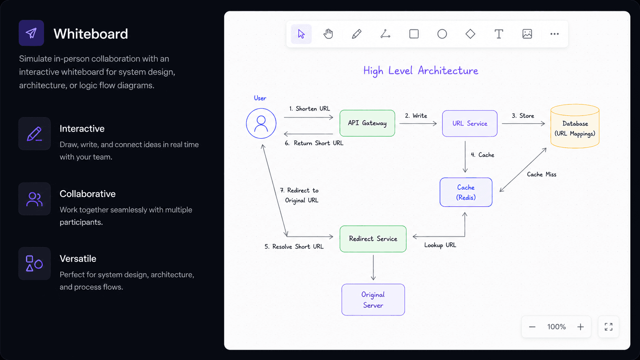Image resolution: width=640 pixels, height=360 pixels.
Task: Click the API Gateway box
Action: point(367,123)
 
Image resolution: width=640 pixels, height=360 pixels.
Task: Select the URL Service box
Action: point(470,123)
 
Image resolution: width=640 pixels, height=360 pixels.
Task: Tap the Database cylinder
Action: point(575,126)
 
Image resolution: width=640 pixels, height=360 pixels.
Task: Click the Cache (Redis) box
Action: point(466,192)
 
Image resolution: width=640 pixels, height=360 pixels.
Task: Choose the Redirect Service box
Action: point(373,239)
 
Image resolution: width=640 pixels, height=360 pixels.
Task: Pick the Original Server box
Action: point(373,300)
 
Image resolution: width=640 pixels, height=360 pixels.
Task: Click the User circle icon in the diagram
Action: point(261,123)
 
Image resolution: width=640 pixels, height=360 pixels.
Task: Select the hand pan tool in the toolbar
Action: point(328,34)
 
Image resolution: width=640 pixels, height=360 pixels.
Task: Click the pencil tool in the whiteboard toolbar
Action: point(357,34)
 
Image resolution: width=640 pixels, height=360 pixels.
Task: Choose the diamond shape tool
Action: point(470,34)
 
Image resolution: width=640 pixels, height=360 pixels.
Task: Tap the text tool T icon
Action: point(499,34)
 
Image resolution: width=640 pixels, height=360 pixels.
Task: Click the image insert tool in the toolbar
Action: point(527,34)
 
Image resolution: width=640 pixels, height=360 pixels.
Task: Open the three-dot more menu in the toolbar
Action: point(555,34)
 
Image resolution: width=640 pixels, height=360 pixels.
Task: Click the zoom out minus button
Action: point(532,327)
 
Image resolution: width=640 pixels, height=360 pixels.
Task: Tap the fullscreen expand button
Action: point(609,327)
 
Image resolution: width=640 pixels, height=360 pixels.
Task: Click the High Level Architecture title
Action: point(421,71)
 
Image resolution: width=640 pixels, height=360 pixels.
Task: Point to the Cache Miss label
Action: point(541,174)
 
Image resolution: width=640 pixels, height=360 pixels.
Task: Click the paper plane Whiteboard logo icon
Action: point(31,33)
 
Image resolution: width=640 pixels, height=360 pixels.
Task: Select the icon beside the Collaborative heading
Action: point(34,199)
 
